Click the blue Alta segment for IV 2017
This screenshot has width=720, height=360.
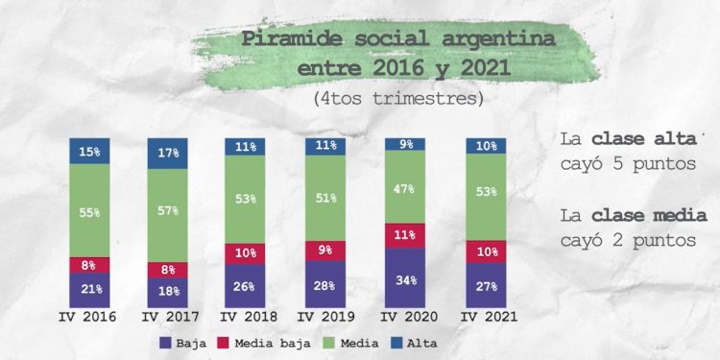(x=168, y=152)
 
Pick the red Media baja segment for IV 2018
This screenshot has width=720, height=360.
(x=246, y=252)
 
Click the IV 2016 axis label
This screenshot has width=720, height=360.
(x=89, y=317)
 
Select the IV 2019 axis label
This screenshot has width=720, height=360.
(x=324, y=317)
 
